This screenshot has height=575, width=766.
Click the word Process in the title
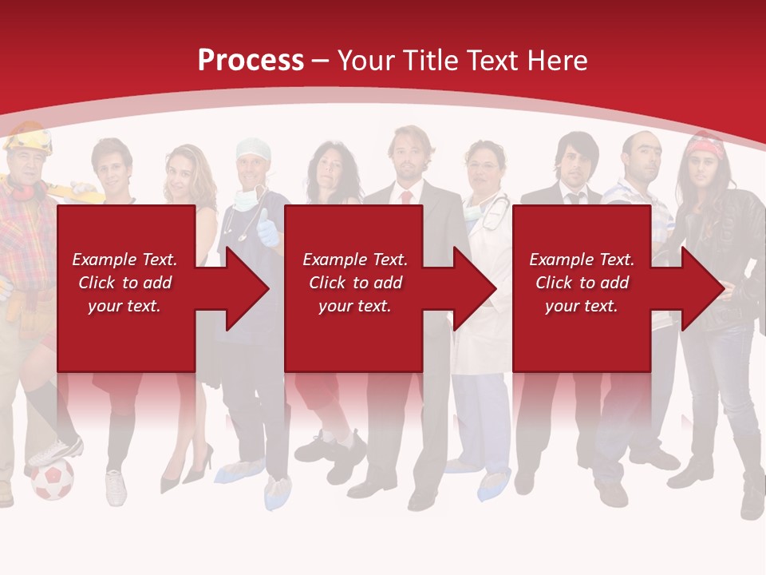click(x=251, y=60)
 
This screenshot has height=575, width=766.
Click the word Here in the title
click(x=556, y=60)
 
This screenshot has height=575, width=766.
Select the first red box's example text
click(x=124, y=283)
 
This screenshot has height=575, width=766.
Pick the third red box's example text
click(x=582, y=283)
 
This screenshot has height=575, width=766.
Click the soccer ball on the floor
click(x=53, y=478)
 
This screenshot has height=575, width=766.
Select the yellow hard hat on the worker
click(x=28, y=139)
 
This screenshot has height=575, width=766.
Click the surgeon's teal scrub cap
click(x=254, y=149)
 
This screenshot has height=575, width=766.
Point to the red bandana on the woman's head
click(x=706, y=148)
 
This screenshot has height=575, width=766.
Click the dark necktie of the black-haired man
click(x=573, y=198)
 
